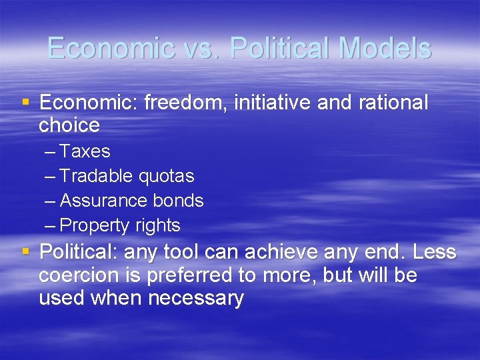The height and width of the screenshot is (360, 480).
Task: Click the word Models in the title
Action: pos(385,48)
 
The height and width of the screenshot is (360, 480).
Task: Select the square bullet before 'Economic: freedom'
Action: pos(26,103)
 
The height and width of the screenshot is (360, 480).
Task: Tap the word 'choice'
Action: pos(69,125)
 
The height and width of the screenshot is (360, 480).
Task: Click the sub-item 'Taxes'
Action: pos(85,151)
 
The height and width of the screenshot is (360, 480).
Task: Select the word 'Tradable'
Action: pos(97,176)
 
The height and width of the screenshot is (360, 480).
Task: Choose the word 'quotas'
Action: pos(166,176)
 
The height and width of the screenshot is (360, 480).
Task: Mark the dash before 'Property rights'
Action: pos(51,225)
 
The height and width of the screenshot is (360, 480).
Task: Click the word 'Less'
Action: pos(434,253)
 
